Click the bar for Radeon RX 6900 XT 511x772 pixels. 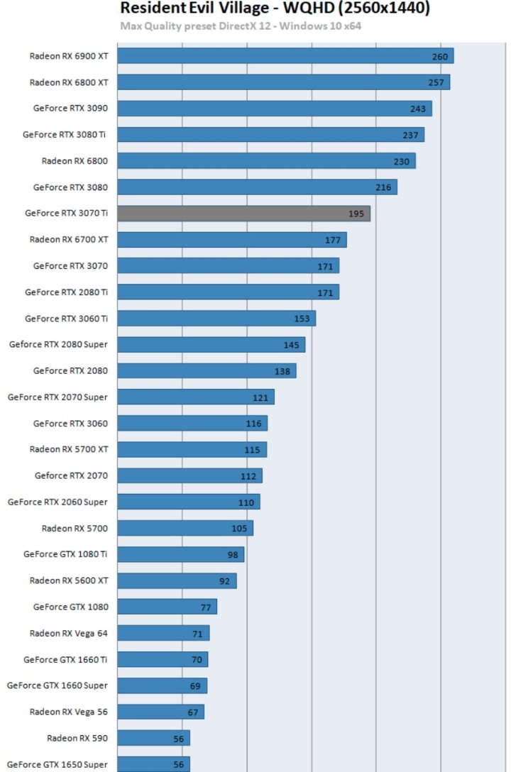coord(285,56)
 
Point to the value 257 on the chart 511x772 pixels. coord(436,82)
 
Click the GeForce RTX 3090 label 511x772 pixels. coord(70,109)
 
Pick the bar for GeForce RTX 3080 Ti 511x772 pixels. coord(270,135)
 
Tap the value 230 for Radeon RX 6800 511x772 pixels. coord(402,161)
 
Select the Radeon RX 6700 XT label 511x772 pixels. coord(69,239)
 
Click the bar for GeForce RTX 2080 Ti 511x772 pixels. coord(228,292)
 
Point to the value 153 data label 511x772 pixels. coord(302,319)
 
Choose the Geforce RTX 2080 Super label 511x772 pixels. coord(58,344)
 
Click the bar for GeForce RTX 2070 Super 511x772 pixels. coord(195,397)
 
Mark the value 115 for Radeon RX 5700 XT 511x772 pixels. coord(252,450)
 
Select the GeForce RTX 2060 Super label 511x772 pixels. coord(57,502)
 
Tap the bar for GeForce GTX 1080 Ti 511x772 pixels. coord(180,554)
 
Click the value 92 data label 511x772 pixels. coord(225,580)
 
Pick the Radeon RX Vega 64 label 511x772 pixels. coord(69,633)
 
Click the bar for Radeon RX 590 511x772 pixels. coord(153,738)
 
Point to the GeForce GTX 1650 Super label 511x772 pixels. coord(57,764)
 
